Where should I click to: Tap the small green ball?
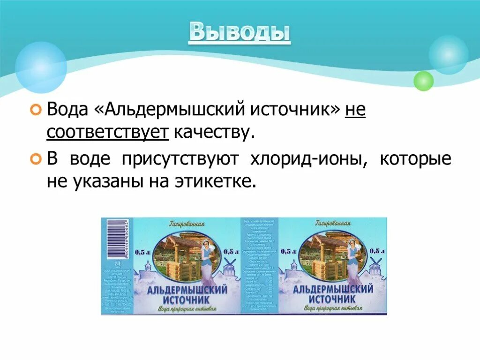423,81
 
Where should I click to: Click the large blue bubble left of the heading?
41,67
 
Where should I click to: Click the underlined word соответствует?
107,133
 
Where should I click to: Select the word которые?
415,159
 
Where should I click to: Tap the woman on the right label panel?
352,258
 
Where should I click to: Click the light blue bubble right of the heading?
449,54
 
